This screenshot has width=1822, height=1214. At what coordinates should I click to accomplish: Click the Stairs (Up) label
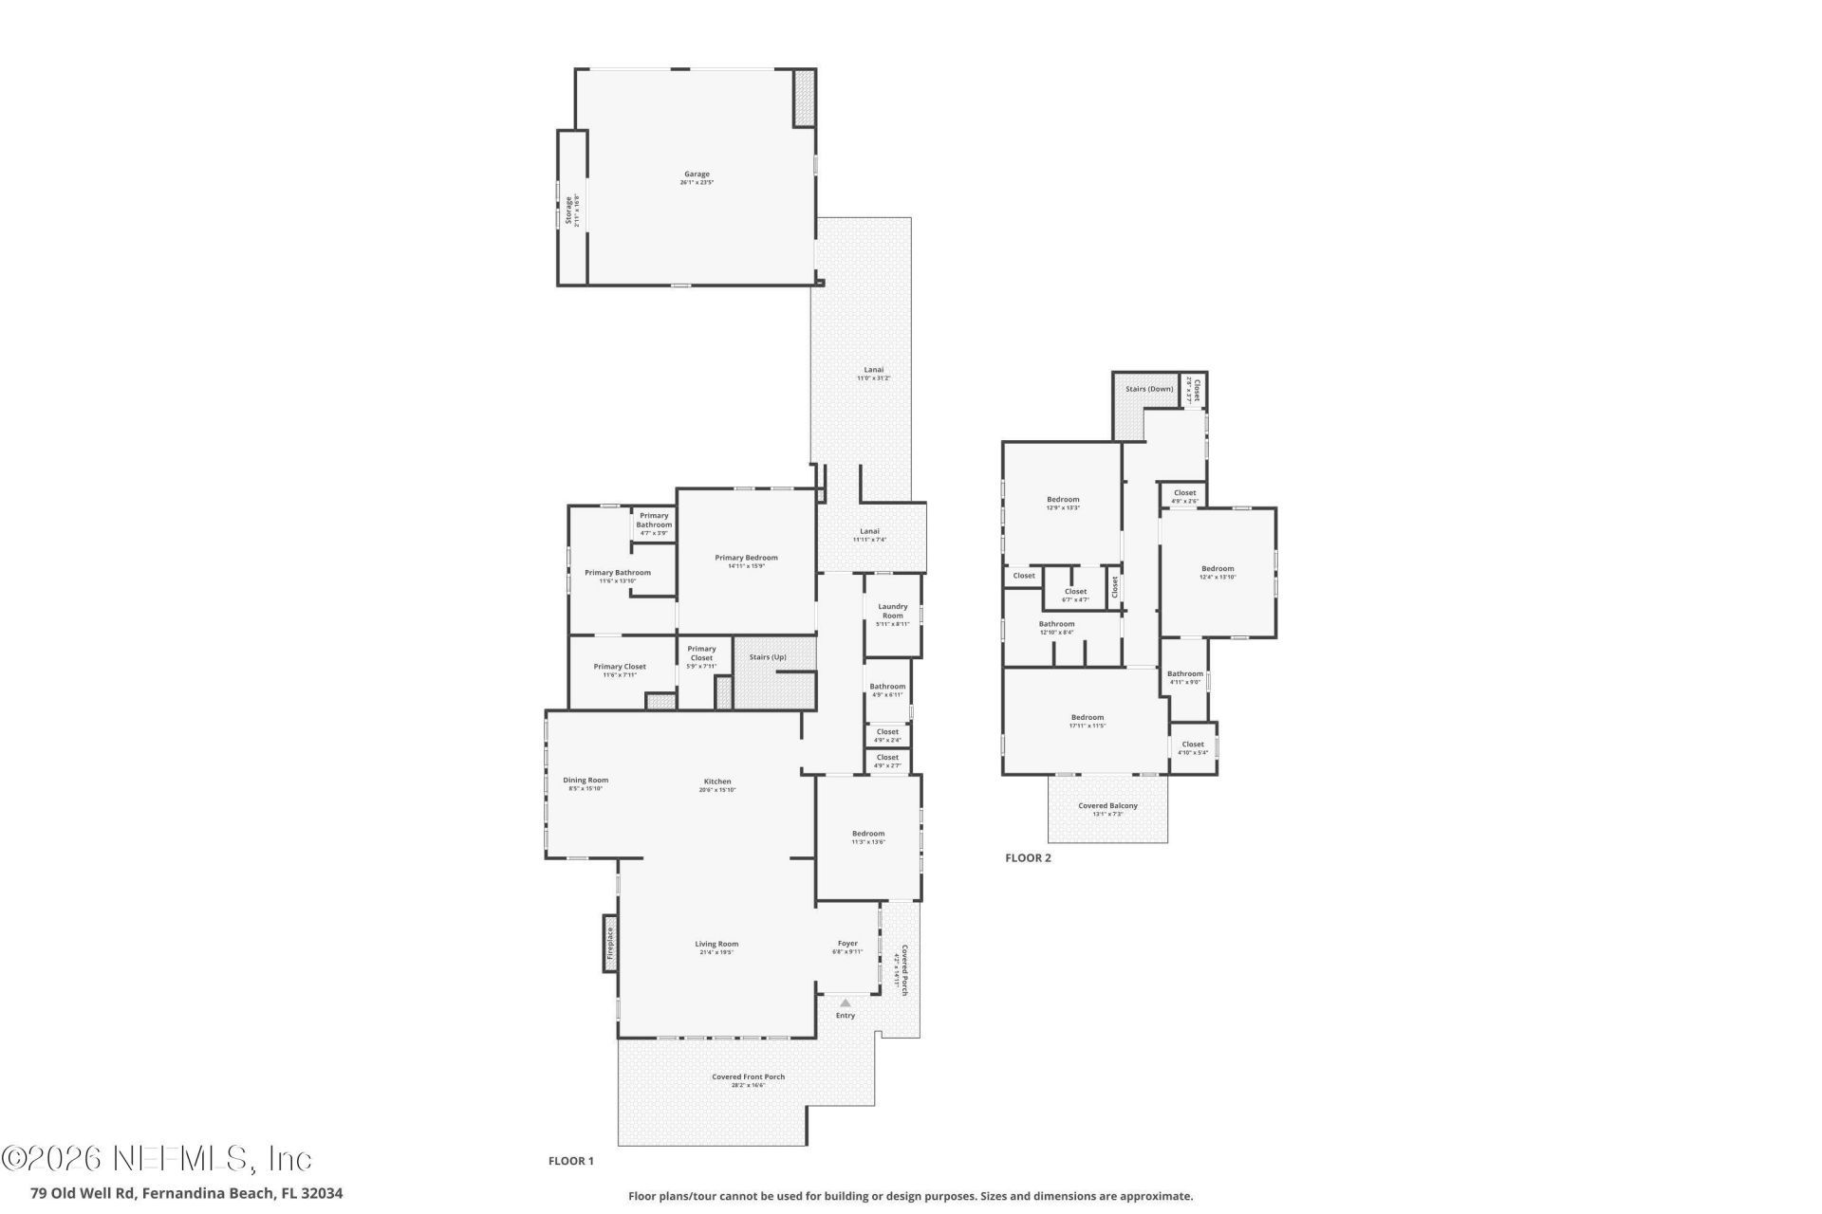tap(768, 657)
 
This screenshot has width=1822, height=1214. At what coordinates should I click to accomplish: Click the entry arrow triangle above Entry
tap(845, 1002)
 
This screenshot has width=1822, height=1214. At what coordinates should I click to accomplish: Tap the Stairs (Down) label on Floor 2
tap(1149, 389)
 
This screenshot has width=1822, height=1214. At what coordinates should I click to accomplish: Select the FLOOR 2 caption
tap(1028, 858)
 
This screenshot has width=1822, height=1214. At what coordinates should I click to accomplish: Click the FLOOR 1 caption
tap(570, 1161)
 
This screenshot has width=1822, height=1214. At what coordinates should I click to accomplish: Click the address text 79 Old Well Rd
tap(186, 1193)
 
